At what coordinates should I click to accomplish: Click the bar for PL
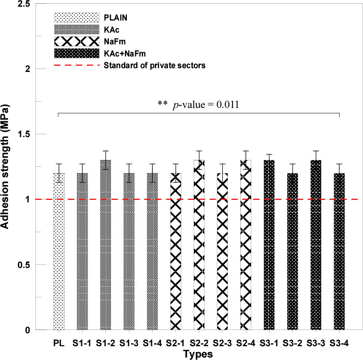pos(59,251)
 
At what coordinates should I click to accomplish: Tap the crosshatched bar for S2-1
pos(176,251)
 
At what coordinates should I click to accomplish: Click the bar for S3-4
pos(339,251)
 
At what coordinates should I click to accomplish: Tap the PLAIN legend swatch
pos(77,18)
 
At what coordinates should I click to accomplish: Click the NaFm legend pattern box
pos(77,42)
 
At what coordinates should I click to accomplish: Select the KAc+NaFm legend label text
pos(126,54)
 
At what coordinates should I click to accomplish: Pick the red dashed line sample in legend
pos(77,66)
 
